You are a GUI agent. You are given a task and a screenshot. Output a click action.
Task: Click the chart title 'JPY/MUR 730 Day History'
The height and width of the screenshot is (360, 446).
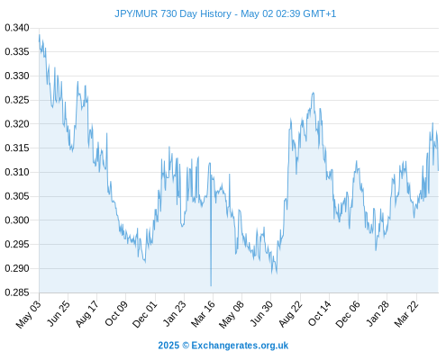pos(173,13)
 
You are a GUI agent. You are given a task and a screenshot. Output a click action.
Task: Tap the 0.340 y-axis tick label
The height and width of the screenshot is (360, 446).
pos(17,28)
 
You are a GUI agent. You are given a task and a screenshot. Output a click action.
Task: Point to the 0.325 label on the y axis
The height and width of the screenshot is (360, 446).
pos(17,100)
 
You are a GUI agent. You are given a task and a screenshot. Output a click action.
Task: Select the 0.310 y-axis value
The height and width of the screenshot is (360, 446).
pos(17,172)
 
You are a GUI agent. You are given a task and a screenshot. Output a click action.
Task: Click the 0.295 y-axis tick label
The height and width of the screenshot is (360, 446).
pos(17,244)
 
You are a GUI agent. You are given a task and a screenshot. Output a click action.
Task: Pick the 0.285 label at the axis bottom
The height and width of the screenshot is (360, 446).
pos(17,292)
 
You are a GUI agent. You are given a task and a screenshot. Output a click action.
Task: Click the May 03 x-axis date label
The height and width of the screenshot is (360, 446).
pos(29,314)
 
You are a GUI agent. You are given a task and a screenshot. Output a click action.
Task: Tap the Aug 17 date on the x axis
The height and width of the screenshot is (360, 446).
pos(87,313)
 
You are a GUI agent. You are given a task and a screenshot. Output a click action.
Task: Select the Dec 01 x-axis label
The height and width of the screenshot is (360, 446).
pos(145,314)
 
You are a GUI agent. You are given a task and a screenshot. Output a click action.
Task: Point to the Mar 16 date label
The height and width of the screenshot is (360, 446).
pos(204,313)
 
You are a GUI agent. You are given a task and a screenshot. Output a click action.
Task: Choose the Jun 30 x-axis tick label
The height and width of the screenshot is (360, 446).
pos(261,313)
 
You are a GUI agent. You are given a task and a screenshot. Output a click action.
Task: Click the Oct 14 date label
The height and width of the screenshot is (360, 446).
pos(320,313)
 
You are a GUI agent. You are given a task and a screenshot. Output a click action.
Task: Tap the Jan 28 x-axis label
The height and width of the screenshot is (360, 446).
pos(378,313)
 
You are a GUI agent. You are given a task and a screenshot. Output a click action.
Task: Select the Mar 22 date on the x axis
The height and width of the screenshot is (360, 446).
pos(406,313)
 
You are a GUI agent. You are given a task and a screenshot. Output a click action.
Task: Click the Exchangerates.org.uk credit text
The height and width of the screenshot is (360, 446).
pos(240,346)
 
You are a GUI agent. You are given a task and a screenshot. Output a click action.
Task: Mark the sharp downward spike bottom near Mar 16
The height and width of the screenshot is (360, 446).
pos(211,285)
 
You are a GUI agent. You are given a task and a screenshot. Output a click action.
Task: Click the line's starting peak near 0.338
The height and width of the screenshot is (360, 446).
pos(40,35)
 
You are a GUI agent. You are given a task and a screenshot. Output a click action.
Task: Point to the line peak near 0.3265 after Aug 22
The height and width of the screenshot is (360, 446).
pos(314,93)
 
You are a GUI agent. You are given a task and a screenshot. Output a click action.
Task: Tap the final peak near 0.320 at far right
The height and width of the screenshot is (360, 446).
pos(432,123)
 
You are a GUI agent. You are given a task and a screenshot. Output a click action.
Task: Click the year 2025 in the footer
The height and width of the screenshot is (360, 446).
pos(168,346)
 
